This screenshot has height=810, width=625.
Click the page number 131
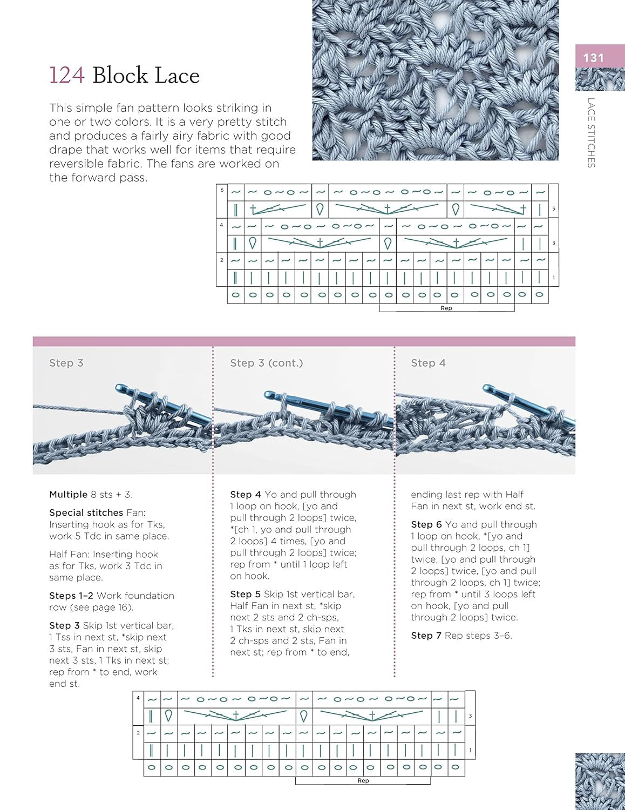pos(593,58)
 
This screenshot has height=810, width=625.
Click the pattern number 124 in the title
pos(67,76)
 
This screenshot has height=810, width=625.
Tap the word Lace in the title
pos(175,76)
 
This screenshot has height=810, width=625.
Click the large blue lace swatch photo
pos(435,80)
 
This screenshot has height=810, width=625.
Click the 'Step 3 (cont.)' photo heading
pos(266,363)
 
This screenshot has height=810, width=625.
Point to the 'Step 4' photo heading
pos(428,363)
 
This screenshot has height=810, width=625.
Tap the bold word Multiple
pos(68,494)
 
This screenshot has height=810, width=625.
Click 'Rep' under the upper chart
pos(446,308)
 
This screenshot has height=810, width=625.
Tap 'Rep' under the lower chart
pos(363,781)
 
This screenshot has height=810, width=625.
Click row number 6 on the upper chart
pos(222,190)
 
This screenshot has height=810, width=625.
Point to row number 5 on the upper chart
pos(553,209)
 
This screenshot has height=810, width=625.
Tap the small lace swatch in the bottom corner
pos(600,781)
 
